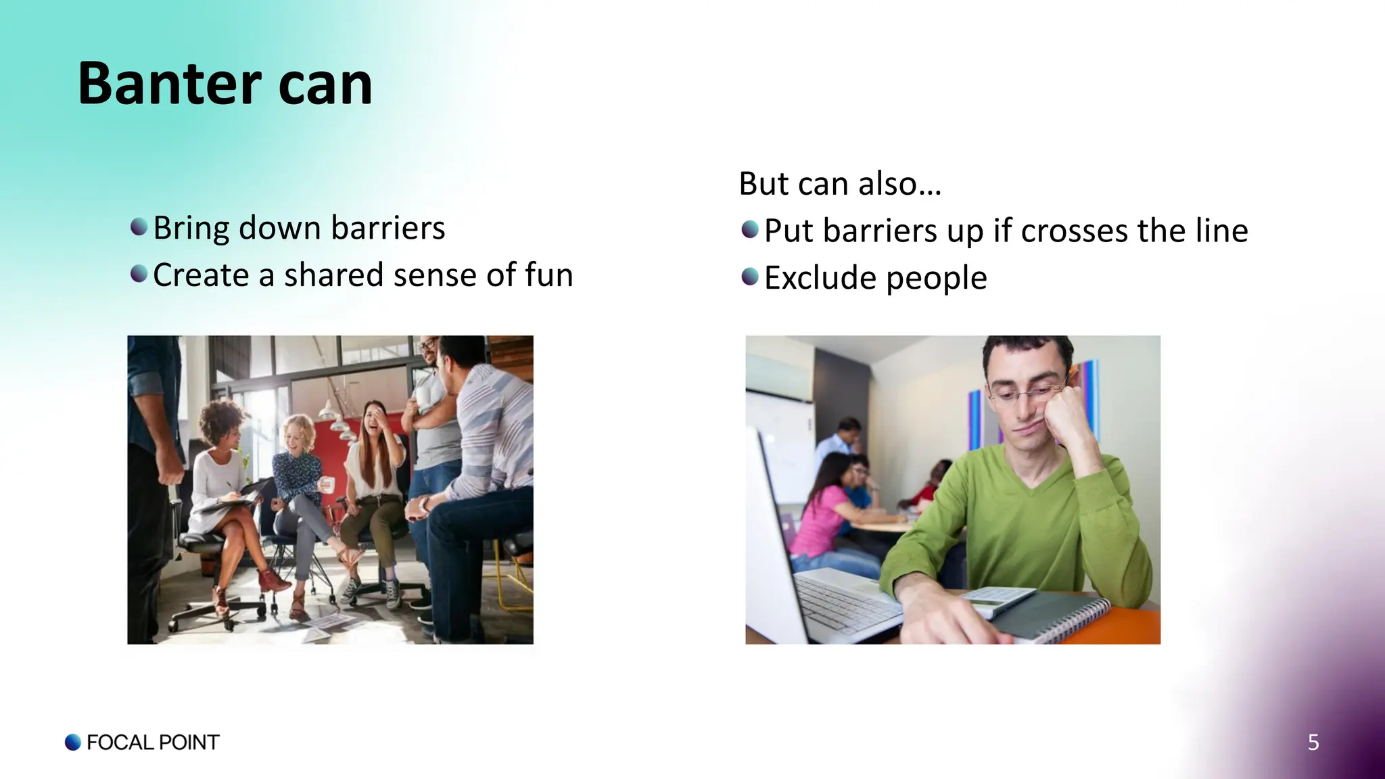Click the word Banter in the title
click(169, 84)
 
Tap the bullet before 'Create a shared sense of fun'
click(139, 274)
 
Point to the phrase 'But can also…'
click(839, 183)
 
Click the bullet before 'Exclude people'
click(750, 277)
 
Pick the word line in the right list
click(1221, 231)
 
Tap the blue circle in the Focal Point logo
click(73, 742)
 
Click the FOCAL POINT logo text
click(153, 742)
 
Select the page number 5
click(1313, 742)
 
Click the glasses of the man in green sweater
click(1028, 393)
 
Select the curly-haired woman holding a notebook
click(220, 473)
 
